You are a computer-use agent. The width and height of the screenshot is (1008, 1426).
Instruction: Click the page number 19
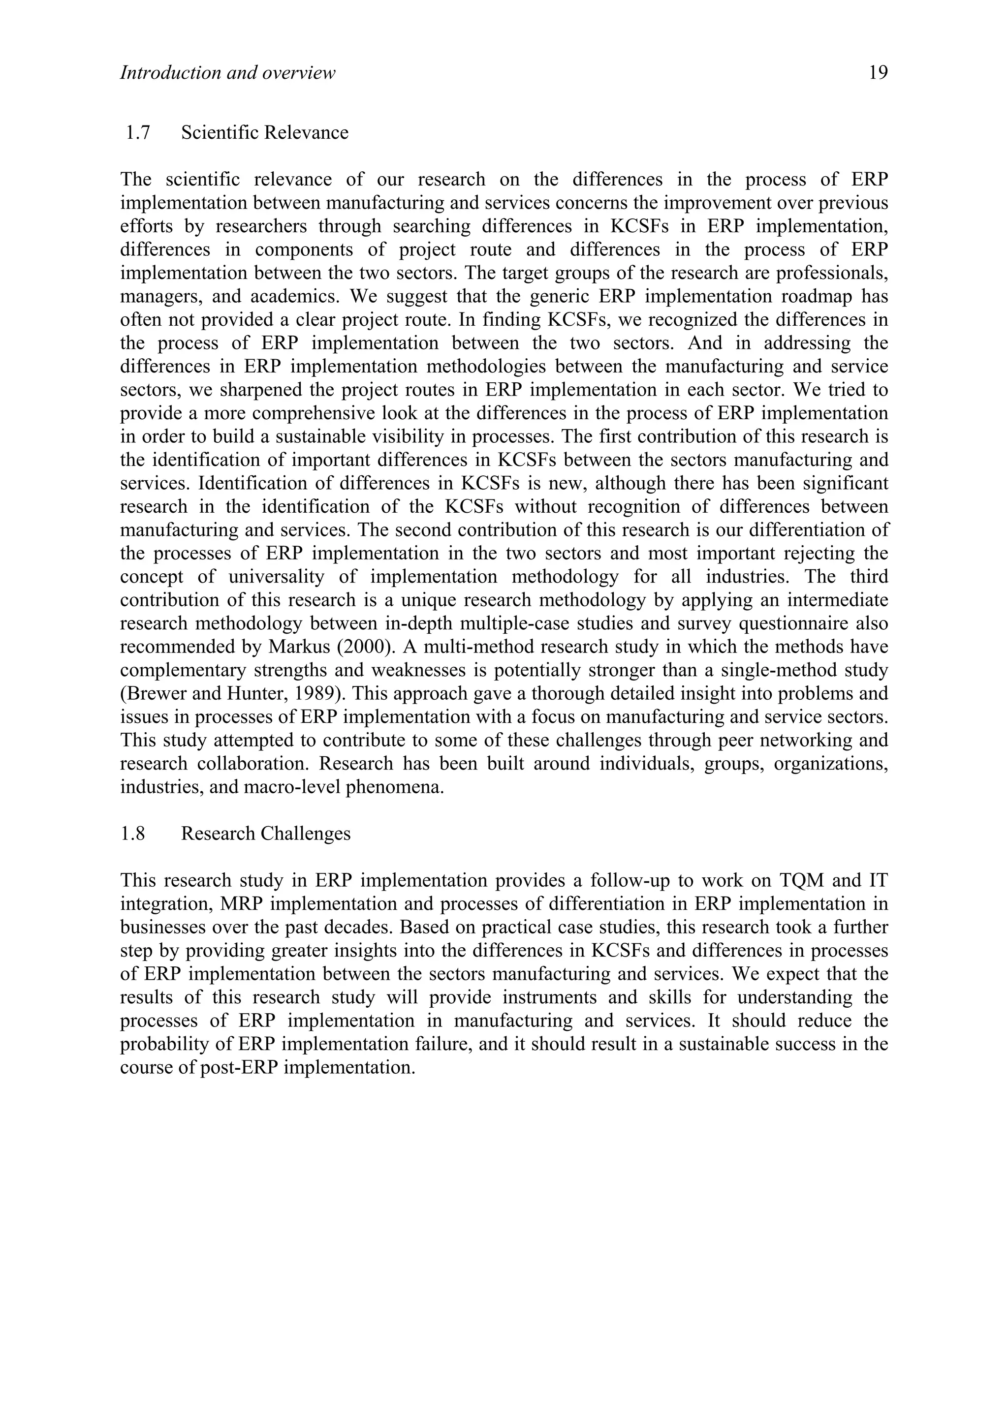click(x=878, y=73)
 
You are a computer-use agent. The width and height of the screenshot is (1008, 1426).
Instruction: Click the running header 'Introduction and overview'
click(x=227, y=73)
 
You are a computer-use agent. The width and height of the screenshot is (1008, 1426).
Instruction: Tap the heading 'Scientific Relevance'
click(x=265, y=132)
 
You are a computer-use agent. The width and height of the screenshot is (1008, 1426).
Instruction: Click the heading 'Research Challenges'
click(x=266, y=834)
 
